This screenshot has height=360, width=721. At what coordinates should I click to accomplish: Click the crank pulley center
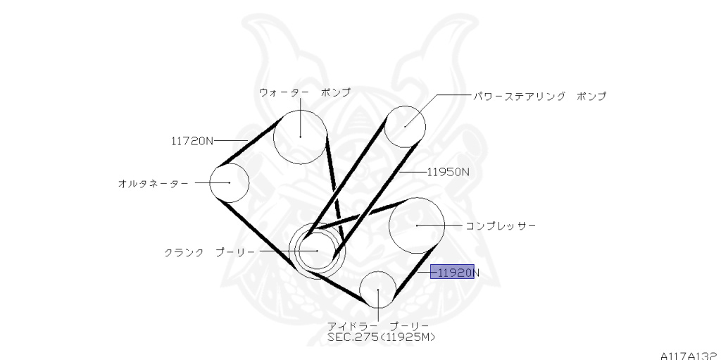(316, 250)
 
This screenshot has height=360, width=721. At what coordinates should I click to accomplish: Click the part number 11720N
(192, 140)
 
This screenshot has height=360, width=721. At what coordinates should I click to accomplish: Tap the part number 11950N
(448, 171)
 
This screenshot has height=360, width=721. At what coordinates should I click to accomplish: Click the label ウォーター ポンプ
(304, 92)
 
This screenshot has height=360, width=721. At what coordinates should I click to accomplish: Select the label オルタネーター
(153, 183)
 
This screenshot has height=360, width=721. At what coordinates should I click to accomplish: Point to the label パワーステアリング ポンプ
(539, 96)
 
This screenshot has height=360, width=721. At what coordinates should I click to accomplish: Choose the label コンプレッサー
(501, 225)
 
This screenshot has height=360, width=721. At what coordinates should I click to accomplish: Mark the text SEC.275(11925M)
(381, 337)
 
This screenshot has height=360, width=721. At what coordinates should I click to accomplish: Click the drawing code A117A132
(690, 356)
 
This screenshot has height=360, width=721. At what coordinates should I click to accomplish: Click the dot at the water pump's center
(300, 135)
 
